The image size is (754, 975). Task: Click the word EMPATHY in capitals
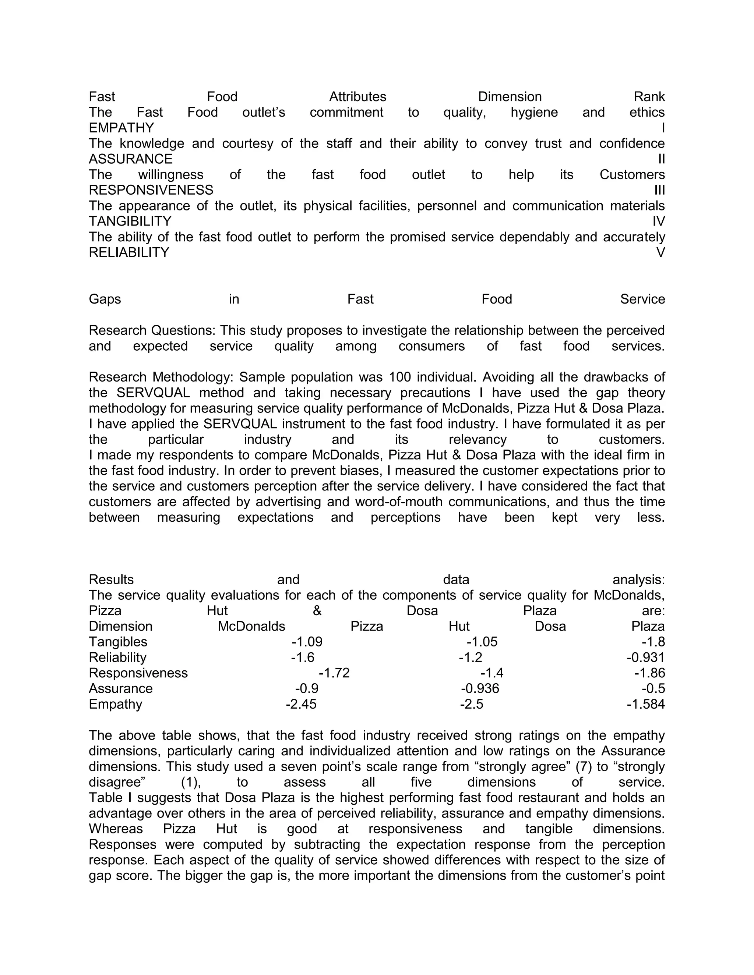121,128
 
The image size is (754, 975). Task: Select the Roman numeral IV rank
658,221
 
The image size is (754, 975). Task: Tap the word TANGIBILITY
130,221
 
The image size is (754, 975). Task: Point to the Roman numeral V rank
660,253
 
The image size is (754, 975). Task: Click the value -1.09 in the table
307,642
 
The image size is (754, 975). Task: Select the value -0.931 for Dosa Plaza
645,657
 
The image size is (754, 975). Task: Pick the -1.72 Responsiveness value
334,673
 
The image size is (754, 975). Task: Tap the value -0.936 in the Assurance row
480,689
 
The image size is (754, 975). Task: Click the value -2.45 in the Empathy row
301,705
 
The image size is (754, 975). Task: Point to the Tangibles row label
118,642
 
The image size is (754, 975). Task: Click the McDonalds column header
251,626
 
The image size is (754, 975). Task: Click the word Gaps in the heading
105,299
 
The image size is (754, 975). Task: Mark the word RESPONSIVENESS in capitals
151,190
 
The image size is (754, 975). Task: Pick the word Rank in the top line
649,97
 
